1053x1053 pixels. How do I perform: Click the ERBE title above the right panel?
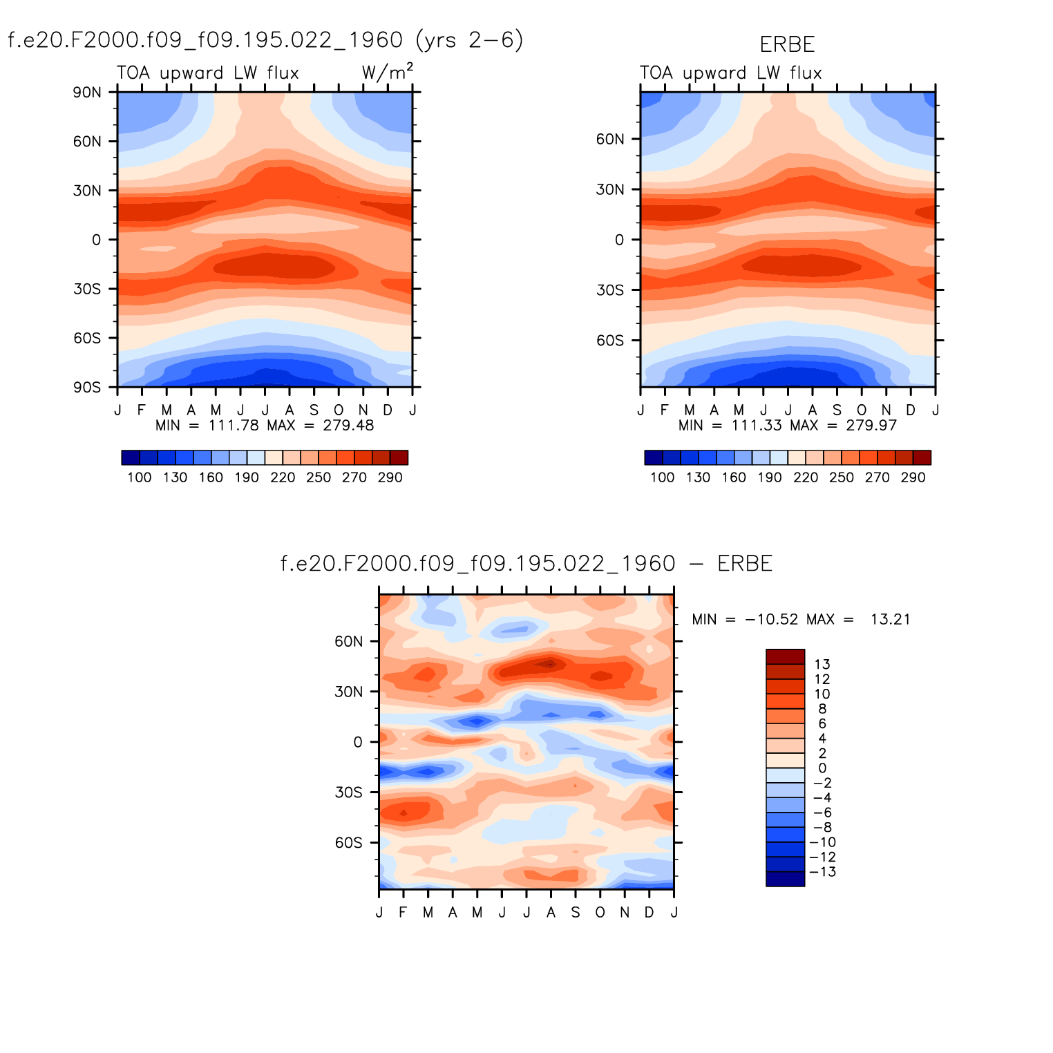pyautogui.click(x=787, y=44)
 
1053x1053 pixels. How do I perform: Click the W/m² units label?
pyautogui.click(x=387, y=72)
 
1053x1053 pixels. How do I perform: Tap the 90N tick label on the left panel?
pyautogui.click(x=87, y=93)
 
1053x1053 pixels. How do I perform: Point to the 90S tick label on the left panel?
pyautogui.click(x=87, y=388)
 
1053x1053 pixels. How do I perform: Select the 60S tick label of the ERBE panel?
pyautogui.click(x=610, y=341)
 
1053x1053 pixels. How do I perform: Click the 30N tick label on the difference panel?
pyautogui.click(x=348, y=692)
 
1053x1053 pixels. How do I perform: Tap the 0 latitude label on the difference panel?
pyautogui.click(x=357, y=743)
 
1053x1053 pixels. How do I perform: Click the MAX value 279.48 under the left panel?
pyautogui.click(x=348, y=426)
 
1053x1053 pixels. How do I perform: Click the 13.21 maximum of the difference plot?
pyautogui.click(x=890, y=619)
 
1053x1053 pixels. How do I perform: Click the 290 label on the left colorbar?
pyautogui.click(x=390, y=477)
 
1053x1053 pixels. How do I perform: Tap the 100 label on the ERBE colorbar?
pyautogui.click(x=662, y=477)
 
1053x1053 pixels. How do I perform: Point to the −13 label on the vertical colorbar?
pyautogui.click(x=824, y=872)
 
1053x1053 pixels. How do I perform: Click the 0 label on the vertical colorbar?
pyautogui.click(x=822, y=768)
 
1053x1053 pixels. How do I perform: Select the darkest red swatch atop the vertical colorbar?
pyautogui.click(x=785, y=656)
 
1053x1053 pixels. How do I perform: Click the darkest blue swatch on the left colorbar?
pyautogui.click(x=130, y=457)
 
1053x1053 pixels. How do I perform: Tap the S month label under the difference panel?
pyautogui.click(x=576, y=913)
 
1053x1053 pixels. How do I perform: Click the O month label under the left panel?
pyautogui.click(x=339, y=410)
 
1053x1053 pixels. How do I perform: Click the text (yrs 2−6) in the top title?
pyautogui.click(x=470, y=40)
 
